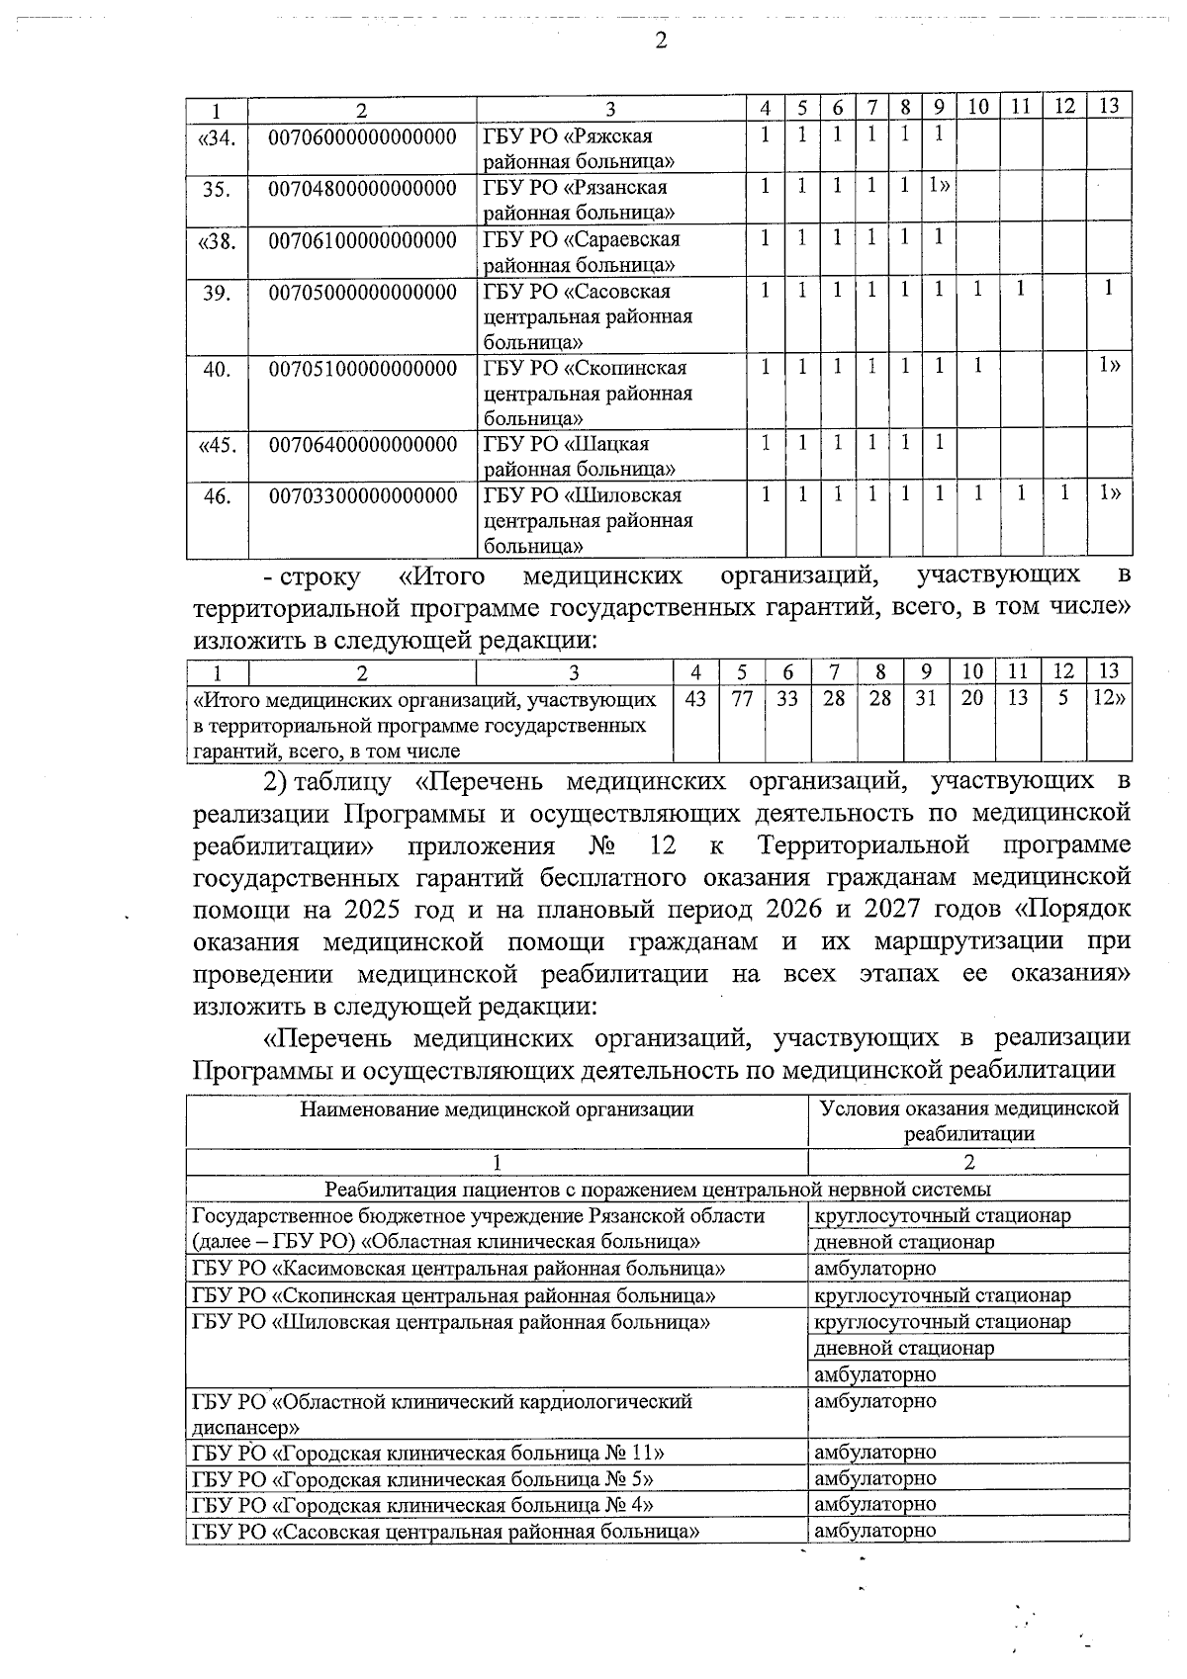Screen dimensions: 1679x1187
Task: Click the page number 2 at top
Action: (661, 41)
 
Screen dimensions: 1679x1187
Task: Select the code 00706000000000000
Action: (362, 136)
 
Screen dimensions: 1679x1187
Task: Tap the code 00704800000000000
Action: (362, 188)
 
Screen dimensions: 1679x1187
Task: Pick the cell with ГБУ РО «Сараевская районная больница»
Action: (581, 252)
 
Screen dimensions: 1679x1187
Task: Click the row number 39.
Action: (217, 293)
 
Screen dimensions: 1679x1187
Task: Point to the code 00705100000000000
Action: (362, 369)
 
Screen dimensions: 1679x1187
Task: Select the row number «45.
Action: (217, 445)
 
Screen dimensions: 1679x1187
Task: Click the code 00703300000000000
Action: (362, 495)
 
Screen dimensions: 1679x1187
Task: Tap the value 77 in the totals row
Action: (742, 699)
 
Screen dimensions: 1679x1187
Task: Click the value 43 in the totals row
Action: (695, 699)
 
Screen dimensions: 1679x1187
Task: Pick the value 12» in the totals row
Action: (1109, 699)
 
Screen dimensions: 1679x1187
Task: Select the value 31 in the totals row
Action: (926, 699)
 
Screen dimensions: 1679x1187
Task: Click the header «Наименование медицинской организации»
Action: (497, 1109)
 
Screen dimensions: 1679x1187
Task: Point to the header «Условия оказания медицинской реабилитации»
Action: (968, 1120)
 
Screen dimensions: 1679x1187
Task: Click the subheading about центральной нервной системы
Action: (658, 1190)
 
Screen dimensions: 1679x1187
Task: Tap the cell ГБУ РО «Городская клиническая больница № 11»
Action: (427, 1453)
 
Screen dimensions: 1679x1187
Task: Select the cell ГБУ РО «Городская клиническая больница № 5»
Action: (421, 1479)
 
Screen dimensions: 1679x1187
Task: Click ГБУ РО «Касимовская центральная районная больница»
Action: (459, 1269)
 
